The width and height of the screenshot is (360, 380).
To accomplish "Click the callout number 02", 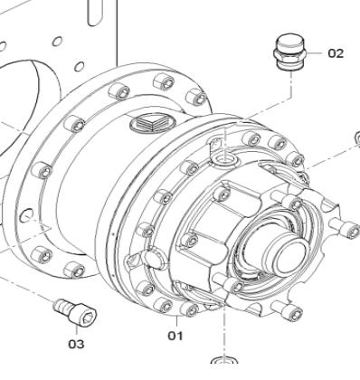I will tap(336, 52).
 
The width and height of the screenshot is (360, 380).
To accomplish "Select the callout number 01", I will tap(175, 335).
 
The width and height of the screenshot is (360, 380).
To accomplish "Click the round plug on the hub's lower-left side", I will tap(153, 261).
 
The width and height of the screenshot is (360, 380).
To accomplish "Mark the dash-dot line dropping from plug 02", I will tap(289, 100).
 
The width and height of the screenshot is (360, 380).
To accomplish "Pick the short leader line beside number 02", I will tap(312, 52).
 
